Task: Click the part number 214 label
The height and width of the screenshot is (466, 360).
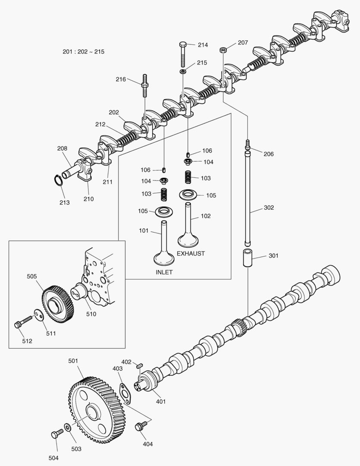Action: pyautogui.click(x=203, y=45)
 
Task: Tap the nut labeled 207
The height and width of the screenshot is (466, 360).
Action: pyautogui.click(x=223, y=49)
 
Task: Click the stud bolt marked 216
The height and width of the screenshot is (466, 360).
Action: pyautogui.click(x=144, y=87)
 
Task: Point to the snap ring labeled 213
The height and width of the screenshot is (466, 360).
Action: pyautogui.click(x=59, y=181)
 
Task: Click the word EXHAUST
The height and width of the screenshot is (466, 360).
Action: pyautogui.click(x=191, y=253)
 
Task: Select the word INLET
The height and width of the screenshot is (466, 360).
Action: pyautogui.click(x=164, y=272)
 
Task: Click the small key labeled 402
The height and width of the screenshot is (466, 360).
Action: pyautogui.click(x=139, y=366)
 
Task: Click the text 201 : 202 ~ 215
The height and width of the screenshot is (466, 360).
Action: pyautogui.click(x=83, y=52)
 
